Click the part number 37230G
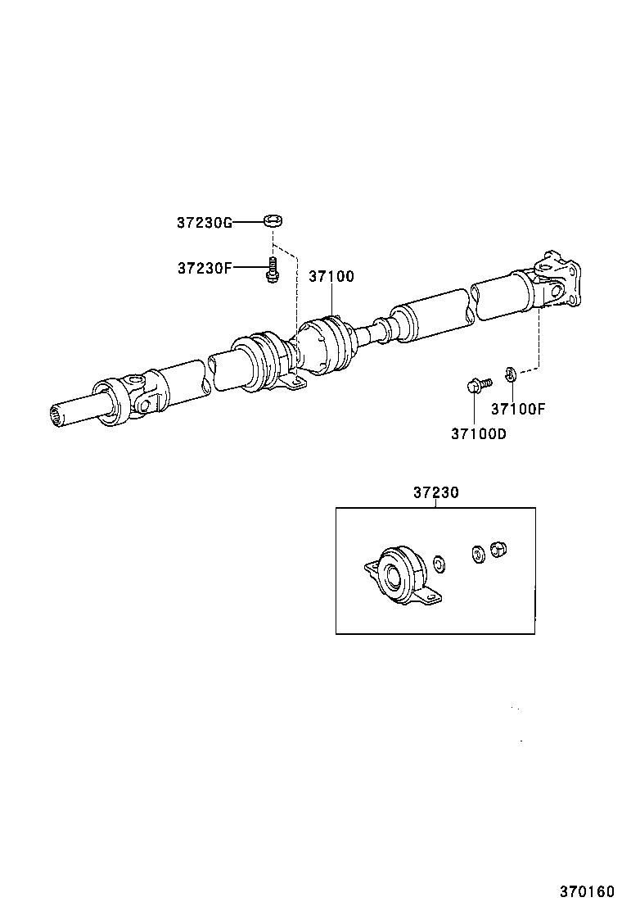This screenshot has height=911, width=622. [205, 222]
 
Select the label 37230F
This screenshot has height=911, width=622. [205, 268]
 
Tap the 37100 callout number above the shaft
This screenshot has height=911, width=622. [331, 277]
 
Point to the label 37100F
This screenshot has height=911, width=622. [517, 409]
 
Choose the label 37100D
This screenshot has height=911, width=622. [478, 433]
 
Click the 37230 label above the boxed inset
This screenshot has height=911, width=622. [435, 493]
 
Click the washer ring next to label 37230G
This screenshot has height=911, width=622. [273, 220]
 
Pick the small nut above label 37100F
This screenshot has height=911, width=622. [509, 375]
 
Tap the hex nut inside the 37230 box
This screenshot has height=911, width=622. [497, 550]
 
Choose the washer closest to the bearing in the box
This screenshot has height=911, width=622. [439, 564]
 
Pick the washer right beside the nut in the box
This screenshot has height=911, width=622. [476, 554]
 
